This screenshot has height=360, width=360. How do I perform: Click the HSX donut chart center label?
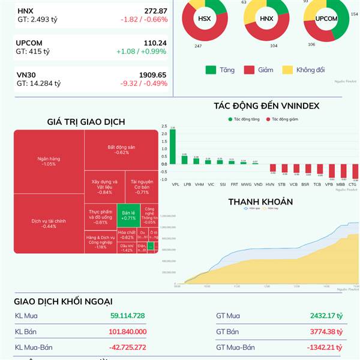click(204, 19)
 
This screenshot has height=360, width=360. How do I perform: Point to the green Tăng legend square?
click(211, 70)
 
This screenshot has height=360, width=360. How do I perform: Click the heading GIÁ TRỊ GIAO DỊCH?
click(86, 122)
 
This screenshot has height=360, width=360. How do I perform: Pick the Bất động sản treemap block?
click(122, 149)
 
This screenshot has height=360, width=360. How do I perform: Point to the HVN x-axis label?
click(270, 184)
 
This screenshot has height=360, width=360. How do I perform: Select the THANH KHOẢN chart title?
click(260, 202)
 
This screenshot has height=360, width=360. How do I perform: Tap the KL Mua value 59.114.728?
click(127, 316)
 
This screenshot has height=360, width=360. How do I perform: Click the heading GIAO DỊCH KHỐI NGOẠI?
click(63, 302)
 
